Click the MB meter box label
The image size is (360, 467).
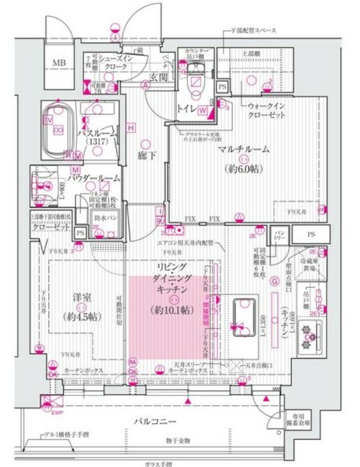pos(60,62)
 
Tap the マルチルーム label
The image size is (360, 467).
pos(244,149)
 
